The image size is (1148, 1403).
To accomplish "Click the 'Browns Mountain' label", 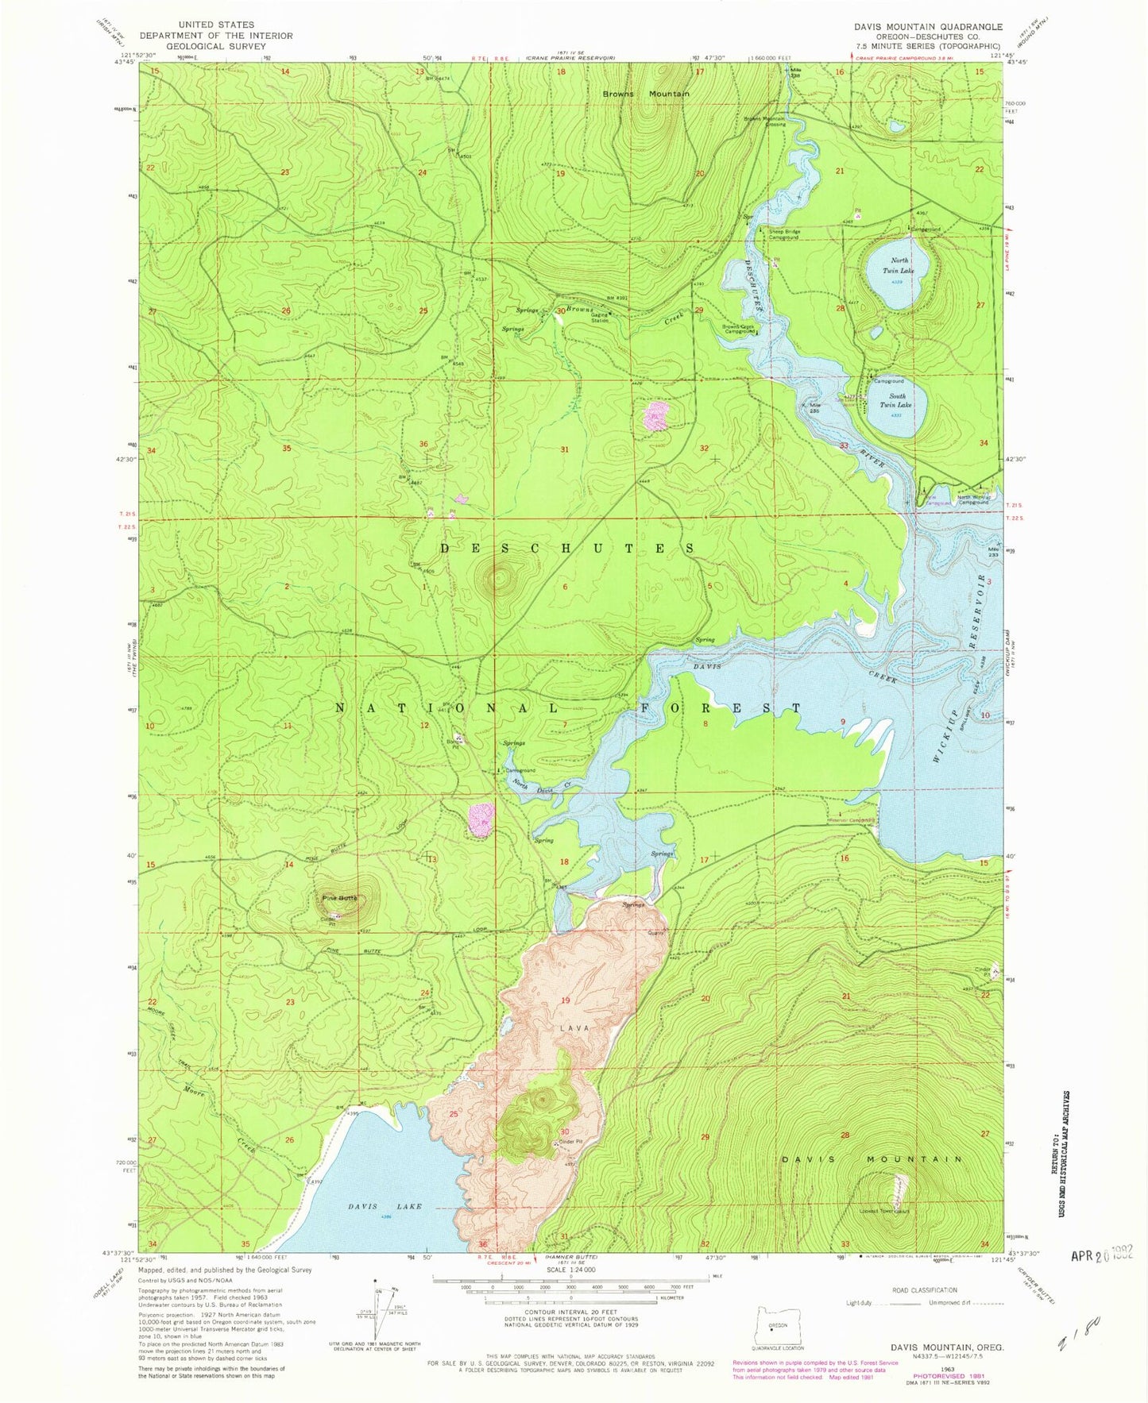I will tap(645, 94).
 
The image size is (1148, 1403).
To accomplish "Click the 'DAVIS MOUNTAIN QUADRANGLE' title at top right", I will tap(928, 26).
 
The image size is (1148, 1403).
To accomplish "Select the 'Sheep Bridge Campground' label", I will tap(783, 234).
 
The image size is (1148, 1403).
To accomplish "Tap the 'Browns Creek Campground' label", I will tap(738, 330).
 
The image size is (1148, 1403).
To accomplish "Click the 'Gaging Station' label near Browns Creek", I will tap(600, 318).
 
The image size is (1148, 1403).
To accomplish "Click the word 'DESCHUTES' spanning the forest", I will tap(567, 549).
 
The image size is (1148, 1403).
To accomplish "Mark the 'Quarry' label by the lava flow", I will tap(656, 933).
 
